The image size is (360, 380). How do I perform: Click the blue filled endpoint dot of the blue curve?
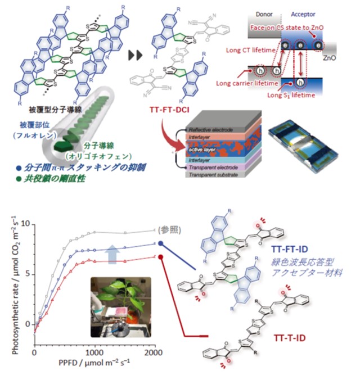click(161, 243)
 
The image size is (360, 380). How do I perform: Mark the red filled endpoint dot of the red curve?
click(161, 257)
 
